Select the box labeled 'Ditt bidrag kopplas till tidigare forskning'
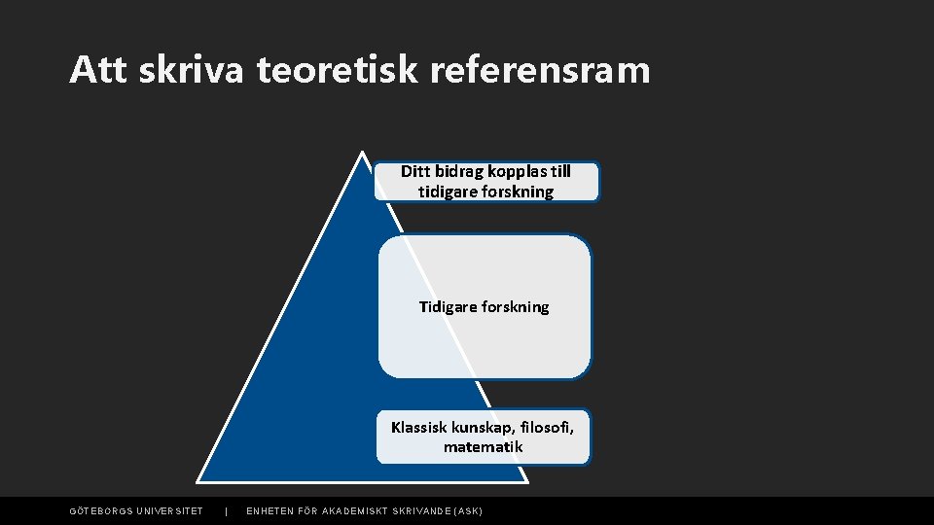tap(486, 182)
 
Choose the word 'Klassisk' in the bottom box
tap(418, 427)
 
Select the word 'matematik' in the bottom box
tap(484, 447)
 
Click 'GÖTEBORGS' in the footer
tap(100, 511)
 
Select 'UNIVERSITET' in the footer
tap(169, 511)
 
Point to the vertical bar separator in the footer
tap(226, 511)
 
